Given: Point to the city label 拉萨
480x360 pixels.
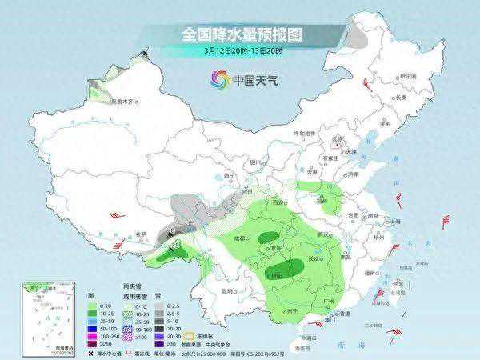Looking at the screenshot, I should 142,233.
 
